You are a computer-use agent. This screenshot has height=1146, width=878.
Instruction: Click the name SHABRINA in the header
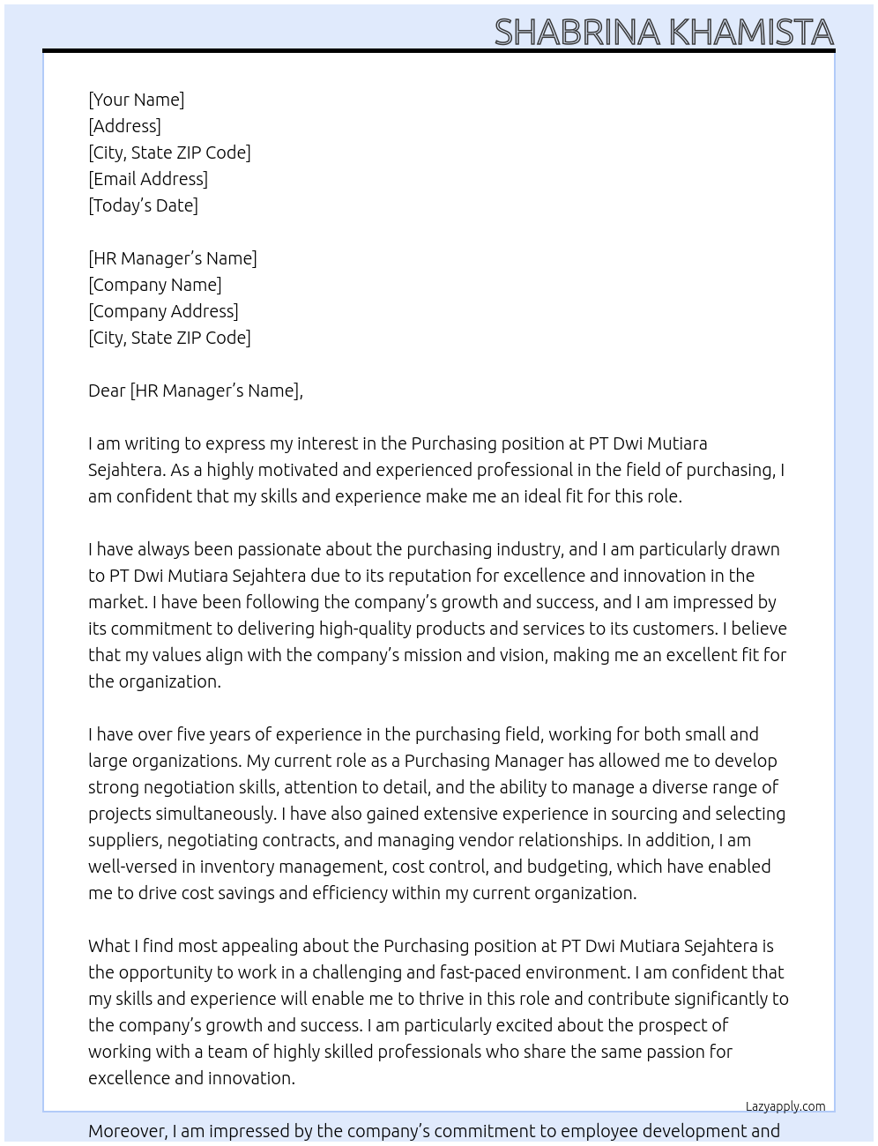[577, 33]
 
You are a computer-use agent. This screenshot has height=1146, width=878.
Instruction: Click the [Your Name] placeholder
[137, 100]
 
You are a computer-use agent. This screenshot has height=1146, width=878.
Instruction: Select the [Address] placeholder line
[124, 126]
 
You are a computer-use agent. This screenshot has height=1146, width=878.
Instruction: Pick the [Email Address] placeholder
[148, 179]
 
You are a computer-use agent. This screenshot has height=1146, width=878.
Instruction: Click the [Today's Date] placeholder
[143, 205]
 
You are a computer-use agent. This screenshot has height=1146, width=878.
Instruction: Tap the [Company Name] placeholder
[155, 285]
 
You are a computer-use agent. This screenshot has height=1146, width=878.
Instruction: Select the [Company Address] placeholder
[163, 311]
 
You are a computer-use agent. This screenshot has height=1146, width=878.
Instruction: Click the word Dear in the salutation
[107, 391]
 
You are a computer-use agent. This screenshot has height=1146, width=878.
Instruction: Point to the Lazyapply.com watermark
[785, 1106]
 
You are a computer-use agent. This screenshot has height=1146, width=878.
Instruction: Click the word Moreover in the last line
[127, 1131]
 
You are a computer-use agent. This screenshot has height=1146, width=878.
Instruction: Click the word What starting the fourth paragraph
[108, 946]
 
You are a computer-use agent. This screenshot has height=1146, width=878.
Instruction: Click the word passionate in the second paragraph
[270, 549]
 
